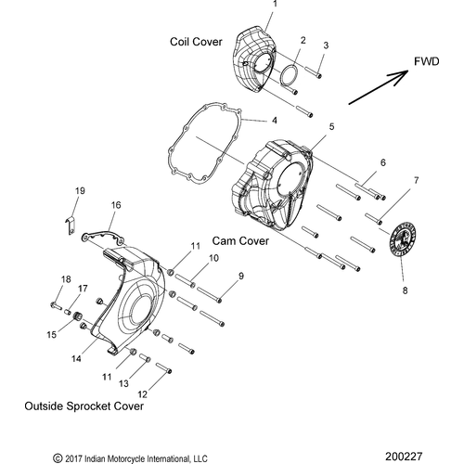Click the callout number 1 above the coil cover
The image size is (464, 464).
274,6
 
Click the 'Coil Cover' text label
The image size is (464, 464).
196,42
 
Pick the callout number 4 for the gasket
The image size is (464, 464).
274,121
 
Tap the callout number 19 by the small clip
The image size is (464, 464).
80,190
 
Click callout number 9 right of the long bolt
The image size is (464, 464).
240,276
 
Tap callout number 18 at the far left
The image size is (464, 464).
66,279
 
